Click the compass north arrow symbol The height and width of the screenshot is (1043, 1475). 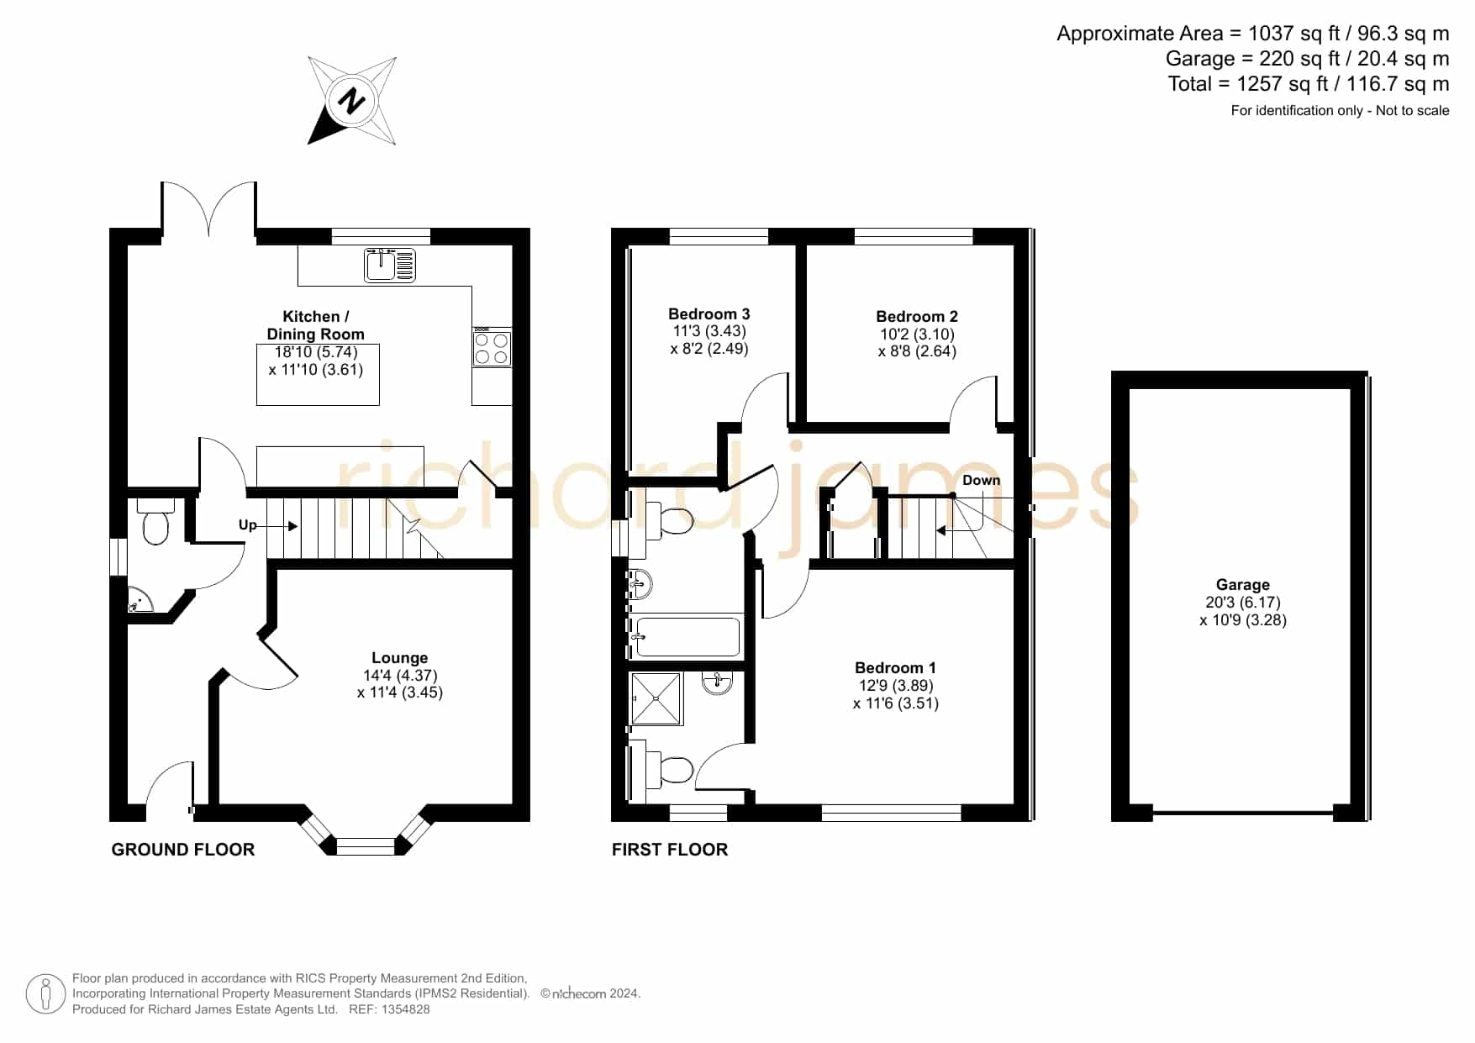tap(352, 101)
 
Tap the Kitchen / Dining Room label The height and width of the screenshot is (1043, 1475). tap(315, 325)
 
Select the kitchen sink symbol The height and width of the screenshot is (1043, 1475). tap(390, 264)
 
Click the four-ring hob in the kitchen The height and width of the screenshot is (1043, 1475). tap(492, 349)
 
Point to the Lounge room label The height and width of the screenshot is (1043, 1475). tap(400, 658)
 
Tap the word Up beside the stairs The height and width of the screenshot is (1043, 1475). tap(247, 525)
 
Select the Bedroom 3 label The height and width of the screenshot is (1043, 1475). tap(709, 313)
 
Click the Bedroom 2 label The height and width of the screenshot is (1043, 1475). tap(917, 316)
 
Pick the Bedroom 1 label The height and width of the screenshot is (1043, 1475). tap(895, 667)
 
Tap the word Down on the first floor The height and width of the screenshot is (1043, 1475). tap(982, 480)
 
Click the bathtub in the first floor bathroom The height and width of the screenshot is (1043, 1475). tap(687, 636)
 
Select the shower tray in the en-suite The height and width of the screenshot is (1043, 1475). tap(657, 698)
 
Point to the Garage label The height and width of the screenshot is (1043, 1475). tap(1243, 584)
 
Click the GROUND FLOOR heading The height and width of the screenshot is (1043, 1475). tap(183, 850)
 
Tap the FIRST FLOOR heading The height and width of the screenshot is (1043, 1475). tap(670, 850)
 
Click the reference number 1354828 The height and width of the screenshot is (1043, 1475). tap(407, 1009)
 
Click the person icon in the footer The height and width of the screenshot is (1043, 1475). tap(46, 994)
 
